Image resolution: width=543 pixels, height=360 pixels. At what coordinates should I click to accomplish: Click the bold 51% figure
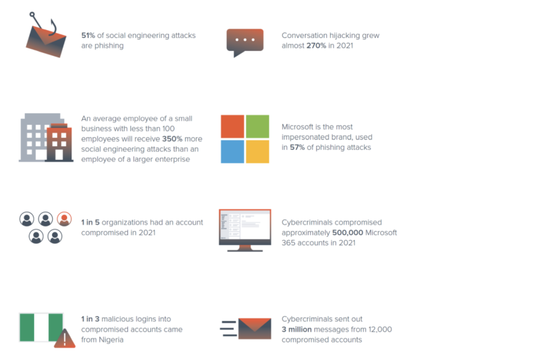pyautogui.click(x=88, y=35)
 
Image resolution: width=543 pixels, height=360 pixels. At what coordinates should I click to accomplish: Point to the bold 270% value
pyautogui.click(x=316, y=45)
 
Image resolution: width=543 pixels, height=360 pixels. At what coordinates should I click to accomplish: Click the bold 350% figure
pyautogui.click(x=172, y=139)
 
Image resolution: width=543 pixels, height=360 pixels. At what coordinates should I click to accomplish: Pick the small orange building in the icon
pyautogui.click(x=59, y=142)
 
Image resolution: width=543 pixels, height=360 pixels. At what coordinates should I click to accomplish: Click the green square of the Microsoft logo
pyautogui.click(x=257, y=126)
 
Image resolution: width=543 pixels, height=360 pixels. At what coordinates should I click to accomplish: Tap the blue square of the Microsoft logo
pyautogui.click(x=232, y=152)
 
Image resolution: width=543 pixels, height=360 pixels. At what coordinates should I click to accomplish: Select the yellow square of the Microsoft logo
pyautogui.click(x=257, y=152)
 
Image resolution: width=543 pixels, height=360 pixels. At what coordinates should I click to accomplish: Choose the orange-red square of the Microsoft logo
pyautogui.click(x=232, y=126)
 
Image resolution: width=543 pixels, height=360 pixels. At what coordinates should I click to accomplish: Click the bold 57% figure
pyautogui.click(x=297, y=147)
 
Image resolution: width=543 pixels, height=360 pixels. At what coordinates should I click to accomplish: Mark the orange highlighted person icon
pyautogui.click(x=64, y=219)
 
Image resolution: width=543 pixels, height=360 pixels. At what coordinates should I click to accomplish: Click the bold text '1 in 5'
pyautogui.click(x=90, y=222)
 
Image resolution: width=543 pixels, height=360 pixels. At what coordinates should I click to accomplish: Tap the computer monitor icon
pyautogui.click(x=245, y=231)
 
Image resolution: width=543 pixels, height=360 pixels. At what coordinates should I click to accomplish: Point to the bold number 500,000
pyautogui.click(x=348, y=233)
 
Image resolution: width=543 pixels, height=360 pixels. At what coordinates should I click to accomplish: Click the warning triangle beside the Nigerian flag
pyautogui.click(x=65, y=338)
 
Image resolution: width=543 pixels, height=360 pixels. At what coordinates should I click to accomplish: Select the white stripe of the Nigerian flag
pyautogui.click(x=42, y=328)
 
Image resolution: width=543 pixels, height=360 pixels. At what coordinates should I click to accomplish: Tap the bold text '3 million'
pyautogui.click(x=297, y=329)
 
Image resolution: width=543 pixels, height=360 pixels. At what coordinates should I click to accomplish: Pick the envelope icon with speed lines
pyautogui.click(x=246, y=328)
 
